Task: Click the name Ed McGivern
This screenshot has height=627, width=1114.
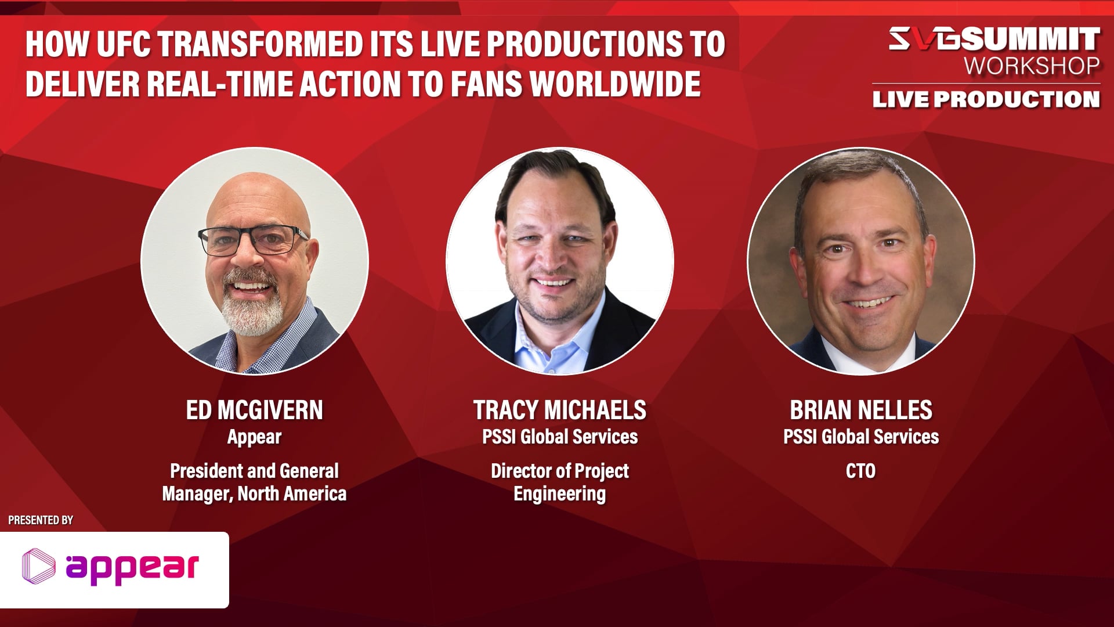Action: [254, 410]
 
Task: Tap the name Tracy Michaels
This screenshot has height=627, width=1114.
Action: [559, 410]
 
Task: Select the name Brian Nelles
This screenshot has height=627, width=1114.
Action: [861, 410]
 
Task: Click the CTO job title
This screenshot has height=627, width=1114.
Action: [861, 471]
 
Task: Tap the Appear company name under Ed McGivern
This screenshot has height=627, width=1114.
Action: [254, 437]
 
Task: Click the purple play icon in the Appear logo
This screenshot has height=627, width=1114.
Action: [39, 565]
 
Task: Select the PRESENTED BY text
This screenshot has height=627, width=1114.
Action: [41, 520]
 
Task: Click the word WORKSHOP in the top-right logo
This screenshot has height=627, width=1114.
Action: [1032, 66]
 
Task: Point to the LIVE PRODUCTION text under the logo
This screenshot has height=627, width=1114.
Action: [986, 99]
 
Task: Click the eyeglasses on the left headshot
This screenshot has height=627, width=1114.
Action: [254, 240]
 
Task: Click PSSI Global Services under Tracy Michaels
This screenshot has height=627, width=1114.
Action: [559, 437]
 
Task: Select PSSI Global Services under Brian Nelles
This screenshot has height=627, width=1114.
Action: [861, 437]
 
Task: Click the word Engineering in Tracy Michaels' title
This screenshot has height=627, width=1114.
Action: [559, 494]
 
